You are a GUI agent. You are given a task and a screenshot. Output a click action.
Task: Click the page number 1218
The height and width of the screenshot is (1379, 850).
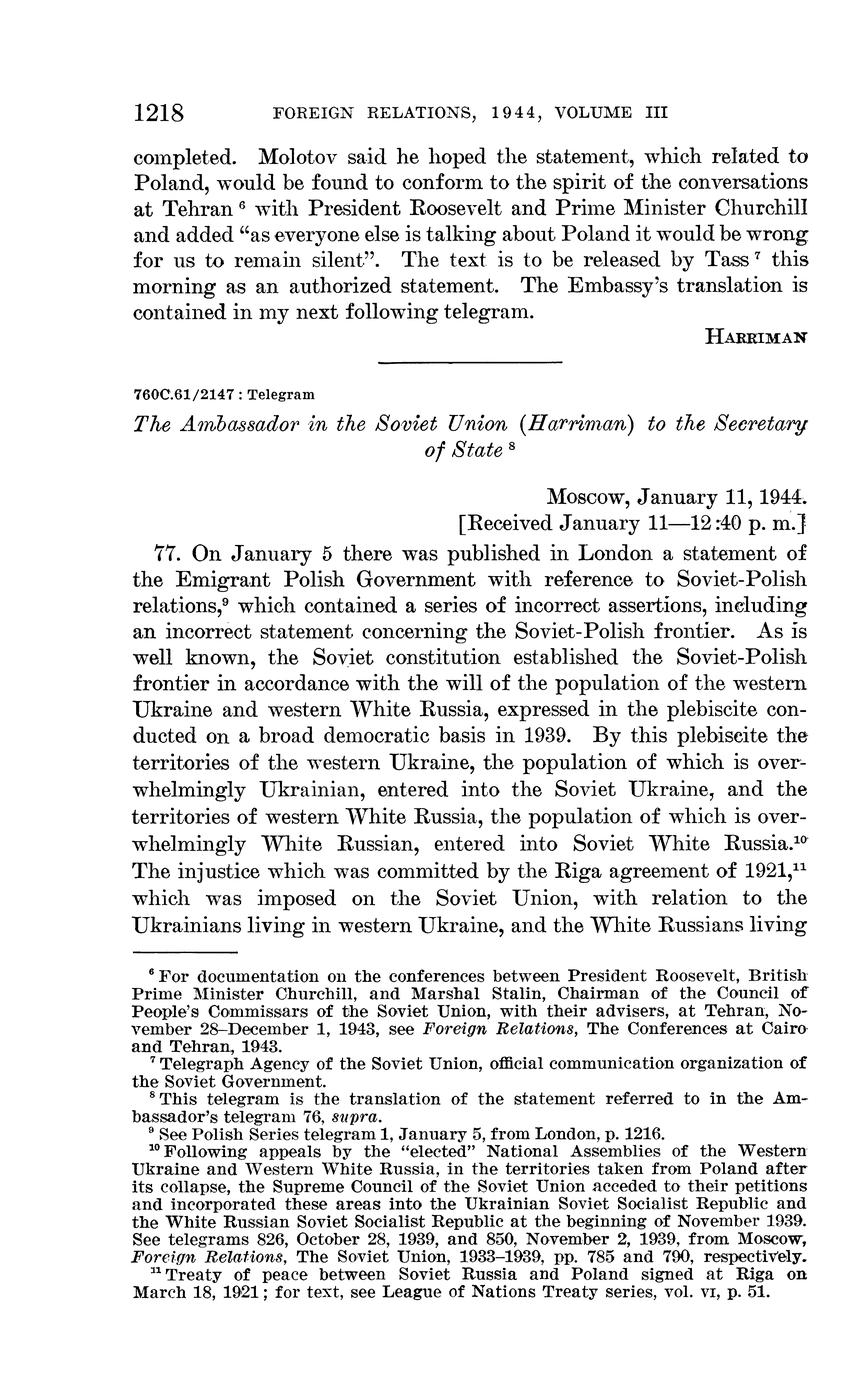pyautogui.click(x=159, y=112)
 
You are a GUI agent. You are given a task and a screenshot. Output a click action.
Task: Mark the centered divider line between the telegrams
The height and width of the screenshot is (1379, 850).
pyautogui.click(x=470, y=361)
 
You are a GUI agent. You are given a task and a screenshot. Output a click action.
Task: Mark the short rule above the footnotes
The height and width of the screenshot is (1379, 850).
pyautogui.click(x=184, y=953)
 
